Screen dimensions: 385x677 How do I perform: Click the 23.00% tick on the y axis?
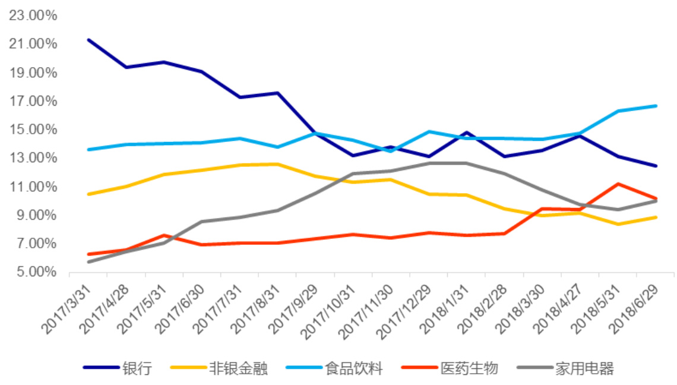click(33, 16)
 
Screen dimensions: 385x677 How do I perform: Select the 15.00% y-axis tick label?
click(33, 130)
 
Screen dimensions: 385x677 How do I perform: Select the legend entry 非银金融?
click(238, 368)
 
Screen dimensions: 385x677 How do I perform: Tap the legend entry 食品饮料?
click(353, 368)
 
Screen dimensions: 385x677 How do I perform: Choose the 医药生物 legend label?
click(469, 368)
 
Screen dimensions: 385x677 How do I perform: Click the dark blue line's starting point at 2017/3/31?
click(88, 40)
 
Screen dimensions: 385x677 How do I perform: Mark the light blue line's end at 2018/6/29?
click(656, 106)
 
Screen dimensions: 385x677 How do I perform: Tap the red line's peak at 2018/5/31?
click(618, 184)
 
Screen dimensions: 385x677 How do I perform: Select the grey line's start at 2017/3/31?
click(88, 261)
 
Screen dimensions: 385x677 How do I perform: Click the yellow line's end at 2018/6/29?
click(656, 217)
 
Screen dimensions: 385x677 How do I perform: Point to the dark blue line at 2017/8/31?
click(277, 93)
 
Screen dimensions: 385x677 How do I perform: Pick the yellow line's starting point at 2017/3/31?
click(88, 194)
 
